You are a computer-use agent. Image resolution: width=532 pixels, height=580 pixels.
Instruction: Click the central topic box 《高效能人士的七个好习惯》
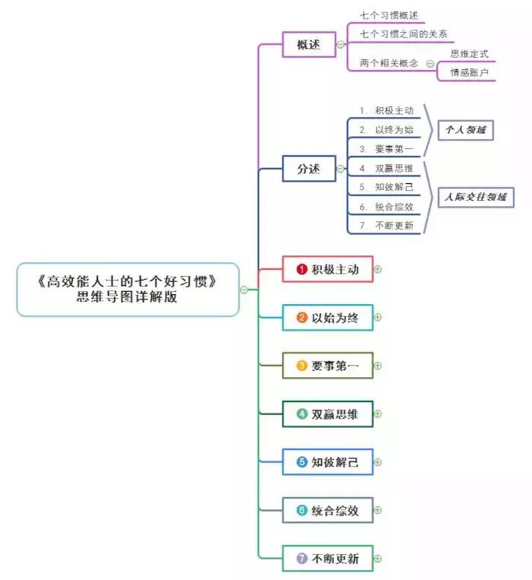[x=128, y=290]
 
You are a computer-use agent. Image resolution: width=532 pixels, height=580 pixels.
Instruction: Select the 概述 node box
[x=308, y=44]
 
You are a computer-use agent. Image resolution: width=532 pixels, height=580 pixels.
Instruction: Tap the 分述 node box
[x=308, y=169]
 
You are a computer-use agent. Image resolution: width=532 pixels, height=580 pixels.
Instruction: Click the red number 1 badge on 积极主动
[x=302, y=269]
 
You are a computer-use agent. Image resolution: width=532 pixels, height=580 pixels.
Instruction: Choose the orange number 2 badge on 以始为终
[x=302, y=318]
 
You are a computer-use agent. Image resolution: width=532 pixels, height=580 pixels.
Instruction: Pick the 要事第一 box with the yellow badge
[x=328, y=366]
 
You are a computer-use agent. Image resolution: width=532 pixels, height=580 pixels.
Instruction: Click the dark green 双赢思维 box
[x=328, y=414]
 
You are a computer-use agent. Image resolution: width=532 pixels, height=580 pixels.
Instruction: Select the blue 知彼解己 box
[x=328, y=462]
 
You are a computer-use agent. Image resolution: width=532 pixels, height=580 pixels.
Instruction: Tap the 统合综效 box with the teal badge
[x=328, y=510]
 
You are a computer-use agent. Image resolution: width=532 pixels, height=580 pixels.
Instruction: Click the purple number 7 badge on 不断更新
[x=302, y=559]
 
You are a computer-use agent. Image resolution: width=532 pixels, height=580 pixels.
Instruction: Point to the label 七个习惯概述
[x=388, y=15]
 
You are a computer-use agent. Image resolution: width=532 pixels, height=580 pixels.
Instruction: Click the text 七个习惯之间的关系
[x=403, y=34]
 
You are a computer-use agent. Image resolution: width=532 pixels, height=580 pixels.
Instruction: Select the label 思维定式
[x=469, y=54]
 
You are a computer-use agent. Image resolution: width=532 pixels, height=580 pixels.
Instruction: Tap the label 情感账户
[x=469, y=73]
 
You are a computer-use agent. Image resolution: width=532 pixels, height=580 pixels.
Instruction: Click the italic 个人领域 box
[x=464, y=130]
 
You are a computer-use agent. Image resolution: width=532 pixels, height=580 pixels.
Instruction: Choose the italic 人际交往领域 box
[x=475, y=198]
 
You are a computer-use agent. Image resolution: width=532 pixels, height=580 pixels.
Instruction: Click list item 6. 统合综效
[x=387, y=207]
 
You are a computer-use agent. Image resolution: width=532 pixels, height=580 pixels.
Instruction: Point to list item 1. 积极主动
[x=387, y=111]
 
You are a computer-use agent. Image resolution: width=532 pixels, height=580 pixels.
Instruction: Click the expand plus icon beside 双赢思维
[x=378, y=414]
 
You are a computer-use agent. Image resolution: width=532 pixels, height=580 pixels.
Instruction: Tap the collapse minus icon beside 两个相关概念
[x=430, y=64]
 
